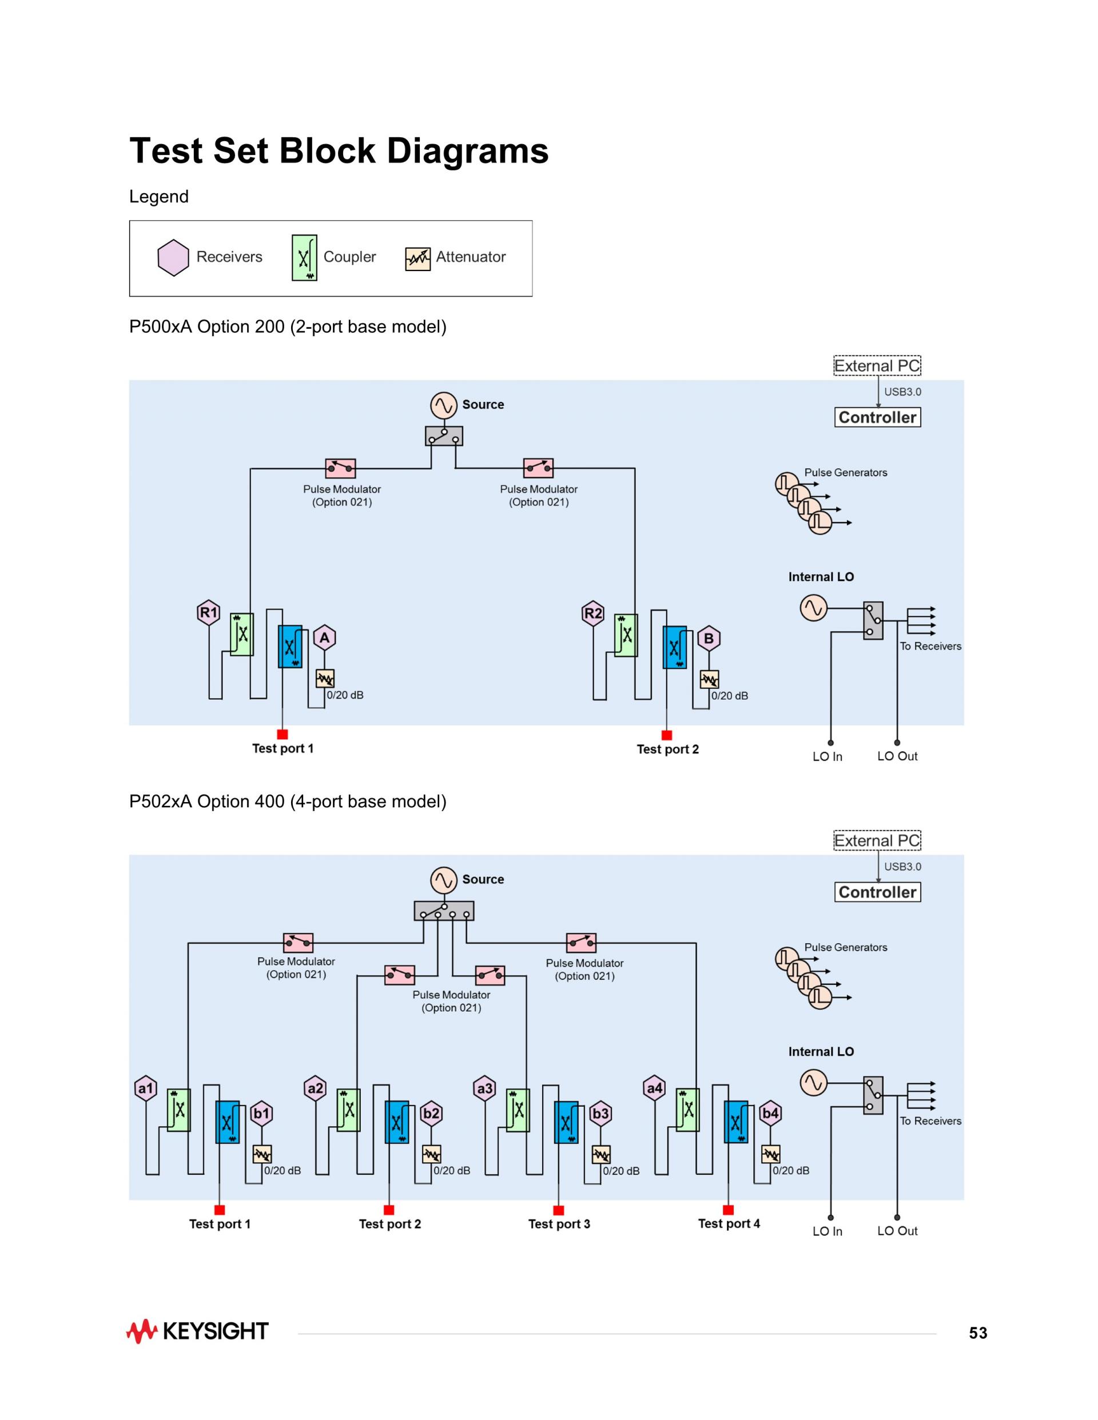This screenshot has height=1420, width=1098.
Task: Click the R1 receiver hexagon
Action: [x=208, y=612]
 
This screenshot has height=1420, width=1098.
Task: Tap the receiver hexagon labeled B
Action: [x=709, y=639]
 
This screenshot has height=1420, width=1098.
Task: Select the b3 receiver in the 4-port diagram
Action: [x=600, y=1114]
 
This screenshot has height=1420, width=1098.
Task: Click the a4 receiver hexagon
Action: [x=654, y=1088]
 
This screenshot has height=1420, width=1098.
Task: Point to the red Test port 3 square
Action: [x=558, y=1210]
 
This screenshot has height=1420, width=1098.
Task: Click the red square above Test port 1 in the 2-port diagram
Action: [x=283, y=734]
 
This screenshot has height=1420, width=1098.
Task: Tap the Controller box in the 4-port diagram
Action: [x=877, y=892]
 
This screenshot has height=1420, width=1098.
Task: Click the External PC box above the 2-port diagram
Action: [x=877, y=366]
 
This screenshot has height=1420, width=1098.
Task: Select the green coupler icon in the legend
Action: [x=304, y=257]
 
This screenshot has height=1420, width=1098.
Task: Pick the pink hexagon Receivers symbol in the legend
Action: [x=173, y=257]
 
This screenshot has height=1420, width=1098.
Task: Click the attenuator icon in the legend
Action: [x=417, y=259]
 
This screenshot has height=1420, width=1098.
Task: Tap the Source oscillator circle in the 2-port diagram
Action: [x=444, y=405]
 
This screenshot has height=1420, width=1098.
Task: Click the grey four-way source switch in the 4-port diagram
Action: [x=444, y=911]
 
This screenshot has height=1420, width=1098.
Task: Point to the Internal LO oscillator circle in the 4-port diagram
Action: [x=813, y=1083]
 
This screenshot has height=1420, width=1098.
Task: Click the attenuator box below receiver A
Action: [x=325, y=679]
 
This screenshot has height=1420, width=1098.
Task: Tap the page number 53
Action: [x=978, y=1333]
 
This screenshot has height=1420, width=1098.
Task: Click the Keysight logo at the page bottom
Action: [x=197, y=1331]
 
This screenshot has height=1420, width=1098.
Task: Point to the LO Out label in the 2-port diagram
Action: [x=897, y=756]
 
